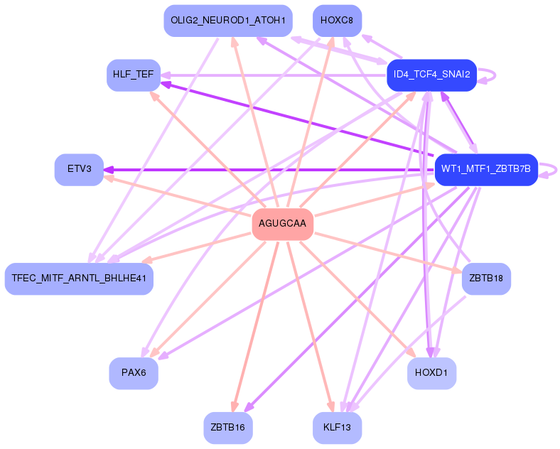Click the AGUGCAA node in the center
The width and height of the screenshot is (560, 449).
[x=283, y=224]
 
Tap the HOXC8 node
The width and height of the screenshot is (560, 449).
[x=337, y=21]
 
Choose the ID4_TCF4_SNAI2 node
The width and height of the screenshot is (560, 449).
[x=431, y=75]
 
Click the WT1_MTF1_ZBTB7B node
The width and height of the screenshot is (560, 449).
[x=485, y=169]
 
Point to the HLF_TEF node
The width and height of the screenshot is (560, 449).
[x=134, y=75]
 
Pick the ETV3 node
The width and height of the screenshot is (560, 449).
[x=80, y=170]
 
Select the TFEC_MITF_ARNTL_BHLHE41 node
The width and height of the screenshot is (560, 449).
[x=79, y=278]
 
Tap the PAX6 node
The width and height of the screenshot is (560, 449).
[x=134, y=373]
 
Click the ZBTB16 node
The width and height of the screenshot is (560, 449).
[x=228, y=428]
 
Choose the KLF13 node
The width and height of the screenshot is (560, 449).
[x=337, y=428]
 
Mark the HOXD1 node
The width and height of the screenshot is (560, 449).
[x=431, y=373]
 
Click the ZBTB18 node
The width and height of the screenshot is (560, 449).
[x=486, y=278]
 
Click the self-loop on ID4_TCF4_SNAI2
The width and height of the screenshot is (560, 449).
[x=489, y=75]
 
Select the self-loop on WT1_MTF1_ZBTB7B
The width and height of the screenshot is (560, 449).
[x=549, y=169]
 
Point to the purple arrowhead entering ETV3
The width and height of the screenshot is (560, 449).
[x=109, y=170]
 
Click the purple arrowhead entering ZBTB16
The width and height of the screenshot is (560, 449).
[x=248, y=408]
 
